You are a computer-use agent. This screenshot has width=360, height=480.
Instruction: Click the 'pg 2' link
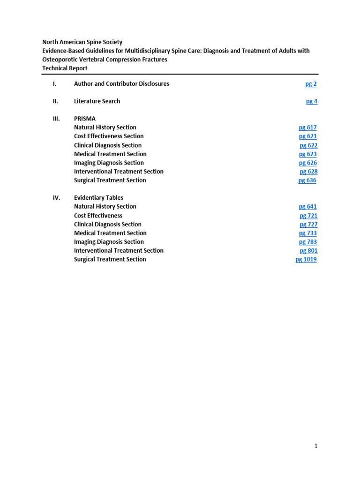tap(311, 84)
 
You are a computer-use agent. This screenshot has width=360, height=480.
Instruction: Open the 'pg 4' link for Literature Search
tap(312, 101)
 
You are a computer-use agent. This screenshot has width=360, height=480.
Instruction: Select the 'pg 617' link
tap(308, 127)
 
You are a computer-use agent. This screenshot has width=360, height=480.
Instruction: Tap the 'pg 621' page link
tap(308, 136)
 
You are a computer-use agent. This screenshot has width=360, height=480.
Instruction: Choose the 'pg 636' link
tap(307, 180)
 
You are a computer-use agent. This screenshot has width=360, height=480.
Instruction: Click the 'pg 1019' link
tap(306, 259)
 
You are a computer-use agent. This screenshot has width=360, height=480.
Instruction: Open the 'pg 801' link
tap(308, 251)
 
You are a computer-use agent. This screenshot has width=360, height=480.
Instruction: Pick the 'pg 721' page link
tap(308, 216)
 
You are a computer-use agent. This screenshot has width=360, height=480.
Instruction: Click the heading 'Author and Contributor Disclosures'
tap(121, 84)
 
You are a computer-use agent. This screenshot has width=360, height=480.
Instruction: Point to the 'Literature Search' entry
tap(97, 101)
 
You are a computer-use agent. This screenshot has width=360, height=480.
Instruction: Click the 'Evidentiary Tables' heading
tap(98, 198)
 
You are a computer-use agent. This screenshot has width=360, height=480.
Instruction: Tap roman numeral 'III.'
tap(56, 119)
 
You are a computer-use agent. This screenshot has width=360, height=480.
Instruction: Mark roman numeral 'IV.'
tap(56, 198)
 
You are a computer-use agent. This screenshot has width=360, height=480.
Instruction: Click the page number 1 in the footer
tap(316, 446)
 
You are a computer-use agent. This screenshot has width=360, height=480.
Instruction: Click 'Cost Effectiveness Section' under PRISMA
tap(109, 136)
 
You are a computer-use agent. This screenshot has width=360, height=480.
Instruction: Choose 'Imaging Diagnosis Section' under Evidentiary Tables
tap(109, 242)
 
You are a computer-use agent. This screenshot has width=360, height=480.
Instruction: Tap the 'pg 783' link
tap(308, 242)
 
